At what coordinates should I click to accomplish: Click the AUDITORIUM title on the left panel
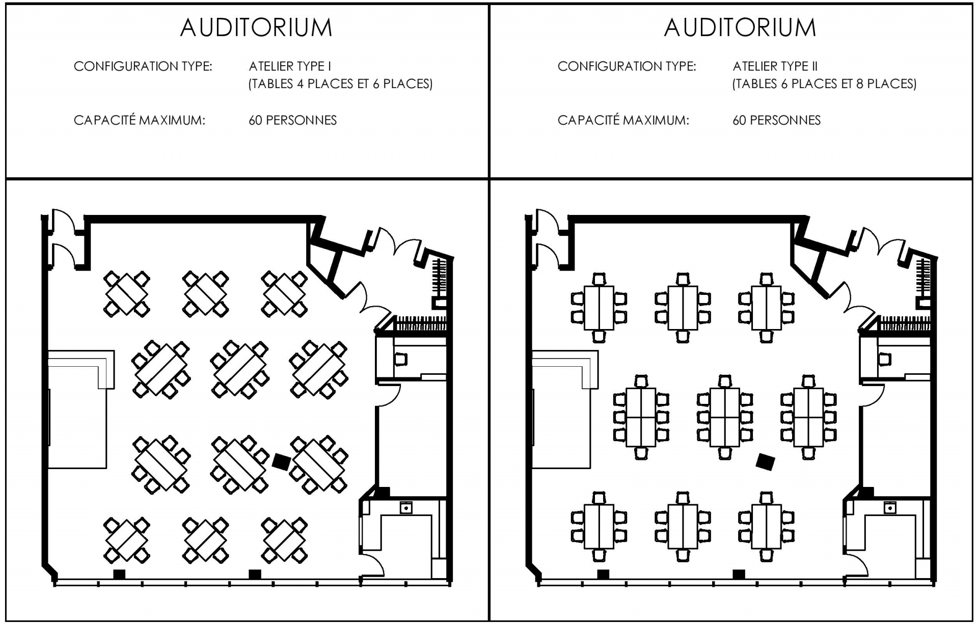256,28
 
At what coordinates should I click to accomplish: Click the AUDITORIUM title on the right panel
740,28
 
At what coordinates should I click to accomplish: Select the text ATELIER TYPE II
775,66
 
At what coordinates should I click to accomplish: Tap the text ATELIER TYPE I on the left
290,66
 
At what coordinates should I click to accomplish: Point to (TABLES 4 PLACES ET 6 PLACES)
340,84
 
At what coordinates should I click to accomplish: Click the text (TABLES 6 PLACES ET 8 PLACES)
824,84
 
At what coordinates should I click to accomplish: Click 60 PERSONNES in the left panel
292,120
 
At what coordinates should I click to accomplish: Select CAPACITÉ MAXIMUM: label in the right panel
623,120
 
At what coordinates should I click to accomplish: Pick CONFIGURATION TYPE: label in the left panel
143,66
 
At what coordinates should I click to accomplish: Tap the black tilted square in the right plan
765,462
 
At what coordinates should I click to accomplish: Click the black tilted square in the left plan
281,462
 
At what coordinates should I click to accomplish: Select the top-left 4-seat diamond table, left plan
126,294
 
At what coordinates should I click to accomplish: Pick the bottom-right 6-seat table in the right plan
766,527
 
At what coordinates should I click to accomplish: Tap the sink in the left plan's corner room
406,508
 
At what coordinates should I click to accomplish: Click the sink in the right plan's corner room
890,508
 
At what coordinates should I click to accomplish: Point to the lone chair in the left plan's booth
401,360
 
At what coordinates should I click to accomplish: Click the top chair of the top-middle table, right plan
683,280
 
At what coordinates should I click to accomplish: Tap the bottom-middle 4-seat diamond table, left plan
205,540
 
